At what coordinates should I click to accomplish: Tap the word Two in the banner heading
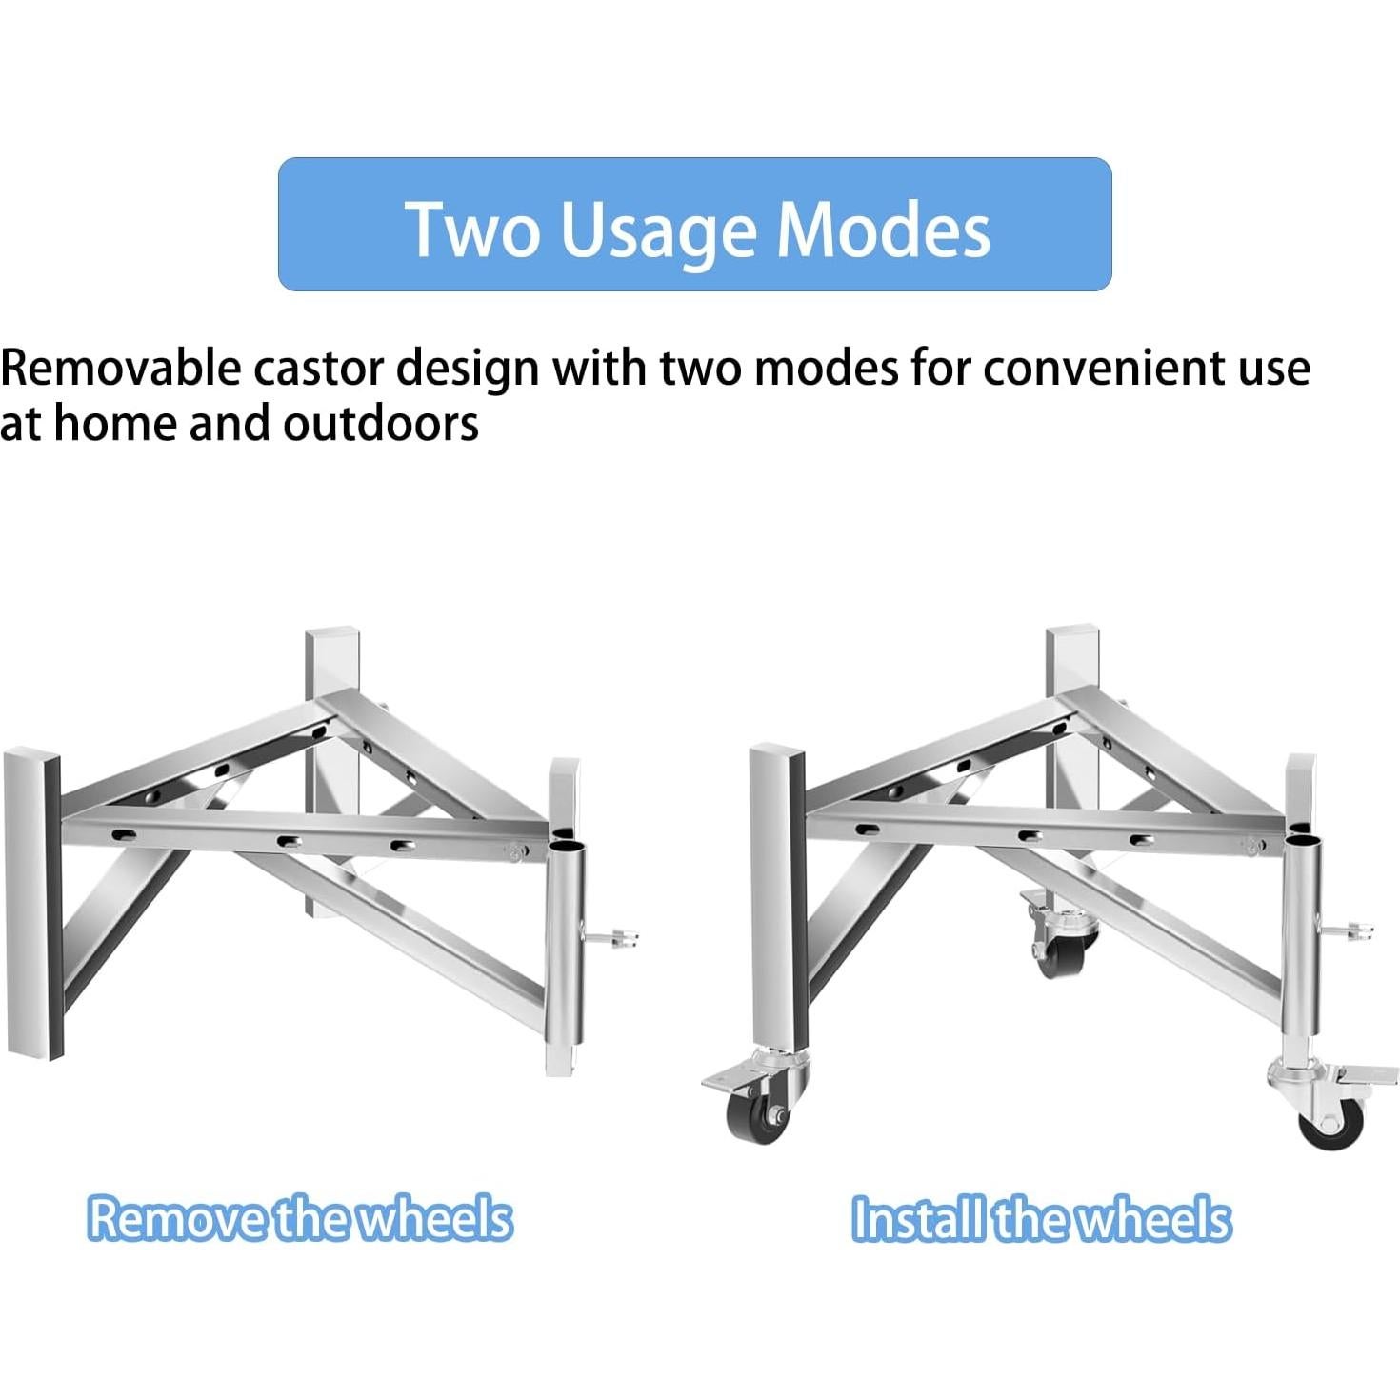tap(472, 229)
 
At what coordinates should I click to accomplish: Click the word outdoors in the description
tap(381, 424)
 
